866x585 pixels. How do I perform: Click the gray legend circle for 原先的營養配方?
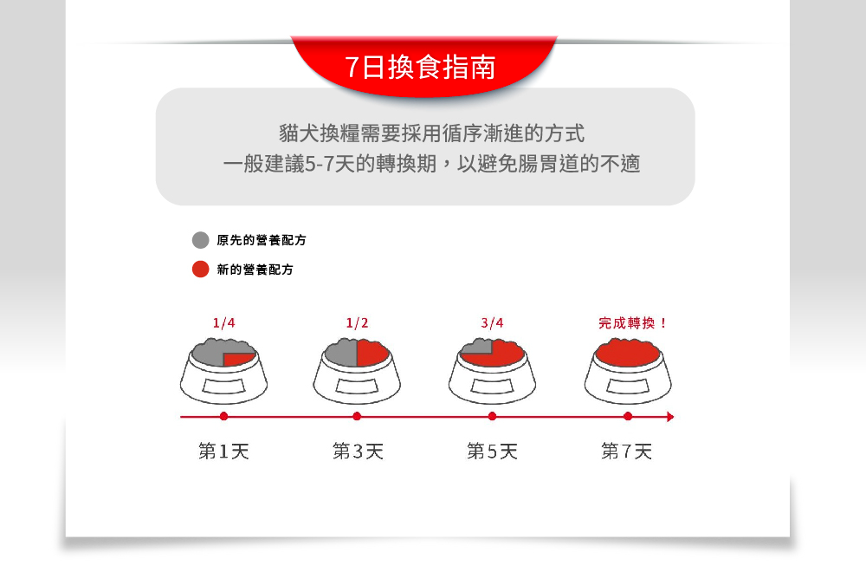201,240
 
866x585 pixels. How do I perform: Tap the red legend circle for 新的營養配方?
201,270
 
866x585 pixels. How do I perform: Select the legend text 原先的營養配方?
262,240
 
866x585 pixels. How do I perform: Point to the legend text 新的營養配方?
255,270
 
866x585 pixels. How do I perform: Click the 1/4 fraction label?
223,323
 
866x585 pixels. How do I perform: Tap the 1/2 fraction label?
357,323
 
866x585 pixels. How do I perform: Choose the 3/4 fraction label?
492,323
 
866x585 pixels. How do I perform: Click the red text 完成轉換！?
632,323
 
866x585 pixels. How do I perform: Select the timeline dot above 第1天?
223,416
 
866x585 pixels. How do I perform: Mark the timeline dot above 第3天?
357,416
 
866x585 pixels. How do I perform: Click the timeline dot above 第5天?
492,416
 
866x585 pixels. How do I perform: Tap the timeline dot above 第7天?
627,416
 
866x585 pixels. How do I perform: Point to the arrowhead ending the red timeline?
670,416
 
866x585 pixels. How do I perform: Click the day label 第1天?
223,452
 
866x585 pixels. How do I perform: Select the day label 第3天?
358,452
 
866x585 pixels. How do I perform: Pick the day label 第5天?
492,452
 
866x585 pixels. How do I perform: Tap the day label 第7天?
626,452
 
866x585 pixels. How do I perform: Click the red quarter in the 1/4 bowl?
236,359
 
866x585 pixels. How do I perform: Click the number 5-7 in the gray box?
318,164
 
